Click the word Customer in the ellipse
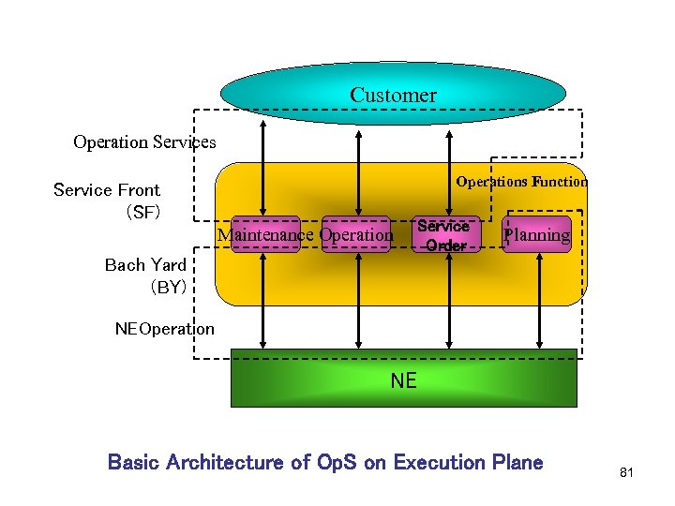393,95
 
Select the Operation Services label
144,142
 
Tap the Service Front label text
107,190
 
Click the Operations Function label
521,182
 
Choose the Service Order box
444,235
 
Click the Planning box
536,235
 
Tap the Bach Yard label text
145,265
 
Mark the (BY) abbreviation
169,288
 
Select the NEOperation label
164,329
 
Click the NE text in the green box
403,380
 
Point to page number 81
627,473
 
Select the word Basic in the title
134,462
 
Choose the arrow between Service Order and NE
450,300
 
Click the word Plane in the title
518,462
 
